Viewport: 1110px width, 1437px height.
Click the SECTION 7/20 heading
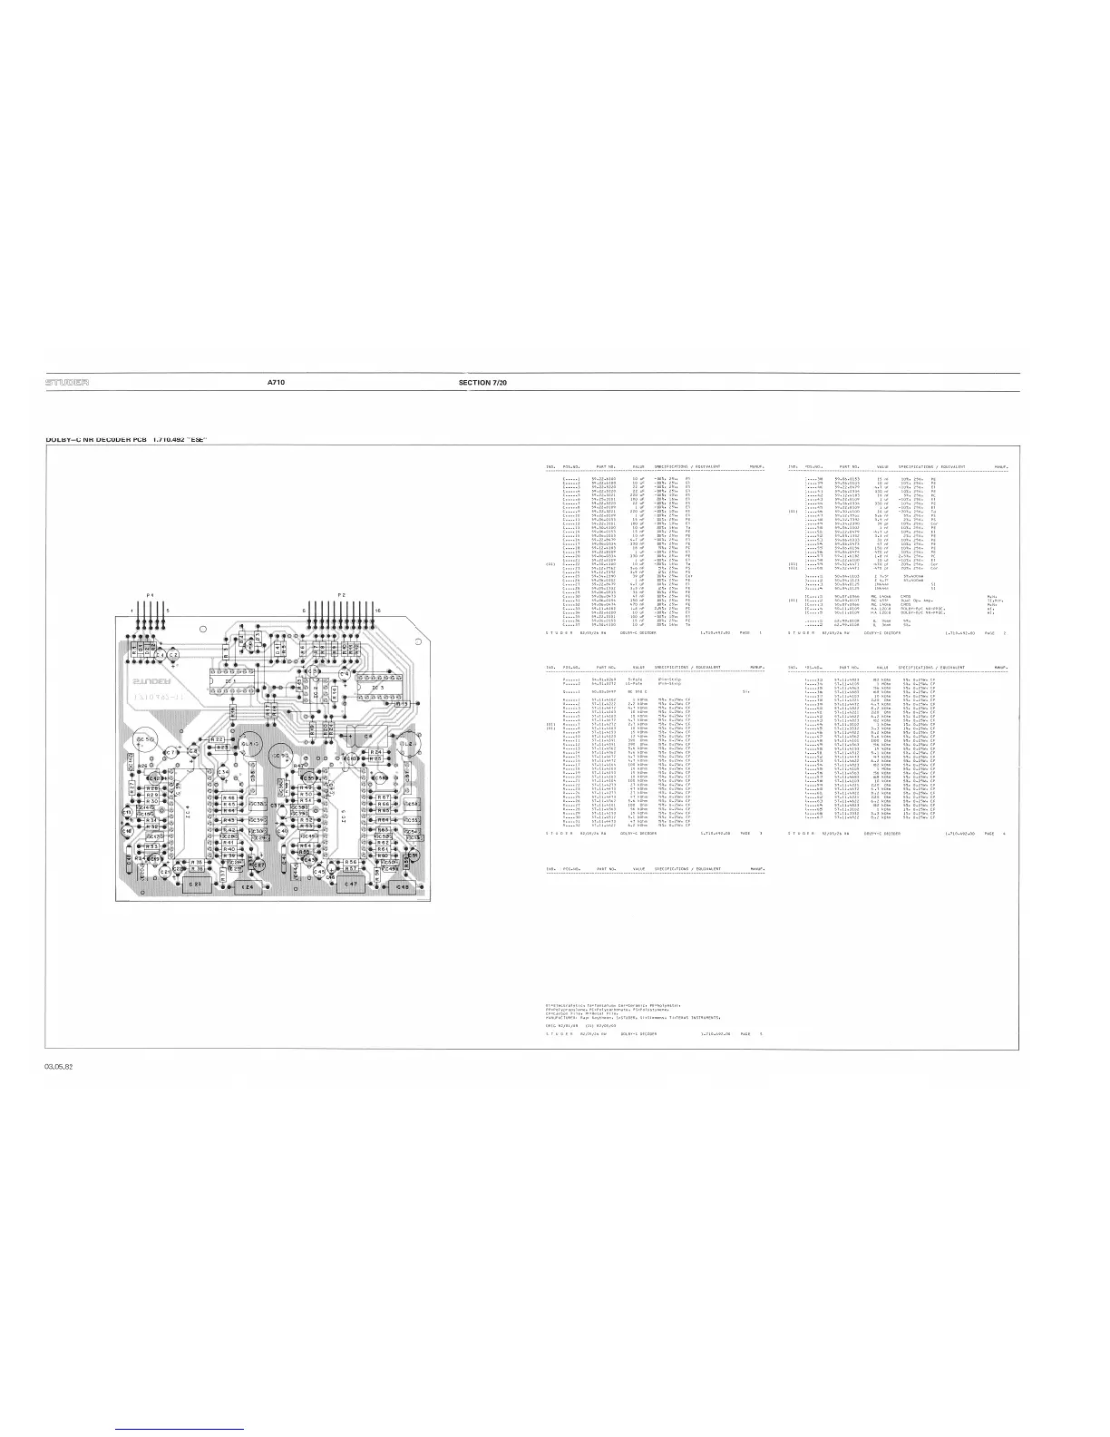pos(484,383)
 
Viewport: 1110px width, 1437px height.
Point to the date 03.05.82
pos(60,1066)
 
